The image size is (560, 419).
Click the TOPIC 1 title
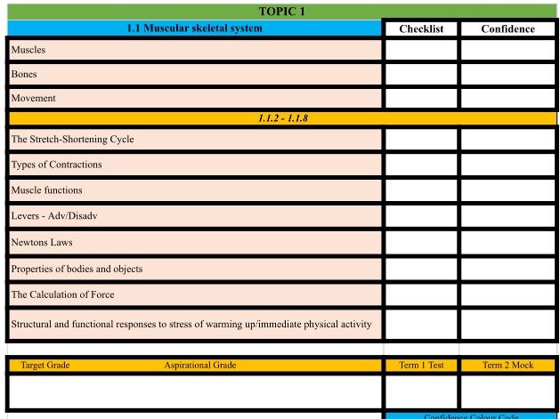point(281,12)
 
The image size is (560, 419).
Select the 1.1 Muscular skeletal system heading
point(194,28)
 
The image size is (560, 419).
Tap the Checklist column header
point(421,28)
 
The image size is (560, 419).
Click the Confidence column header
point(507,28)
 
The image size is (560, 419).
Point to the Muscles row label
point(28,50)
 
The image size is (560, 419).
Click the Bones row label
point(24,74)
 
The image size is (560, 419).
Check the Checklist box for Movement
point(421,98)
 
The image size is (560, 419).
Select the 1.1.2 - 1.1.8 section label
point(282,117)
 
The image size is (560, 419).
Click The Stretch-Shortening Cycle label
point(72,140)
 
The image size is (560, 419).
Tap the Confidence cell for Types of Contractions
point(507,165)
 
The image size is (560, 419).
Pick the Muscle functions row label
point(46,190)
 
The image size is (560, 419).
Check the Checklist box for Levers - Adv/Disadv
point(421,216)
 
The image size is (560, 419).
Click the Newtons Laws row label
point(42,242)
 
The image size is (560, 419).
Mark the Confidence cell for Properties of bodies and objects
point(507,269)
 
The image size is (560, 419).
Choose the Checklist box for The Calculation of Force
point(421,294)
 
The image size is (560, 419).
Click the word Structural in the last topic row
point(31,324)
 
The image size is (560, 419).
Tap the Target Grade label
point(45,366)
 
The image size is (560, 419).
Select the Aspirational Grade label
point(199,366)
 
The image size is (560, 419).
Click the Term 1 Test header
point(421,366)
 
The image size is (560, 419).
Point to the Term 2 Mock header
point(507,366)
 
